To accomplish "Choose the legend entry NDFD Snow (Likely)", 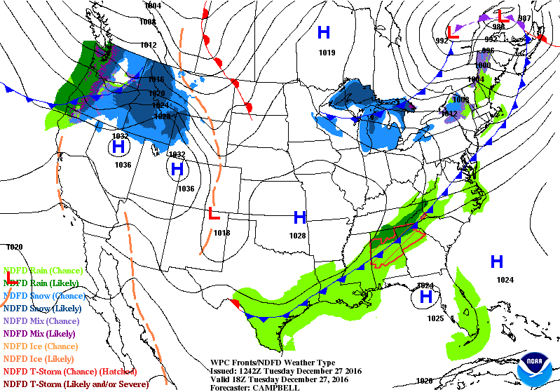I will coord(43,308).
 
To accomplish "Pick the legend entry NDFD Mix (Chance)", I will coord(42,320).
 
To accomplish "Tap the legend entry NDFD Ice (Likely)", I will coord(39,358).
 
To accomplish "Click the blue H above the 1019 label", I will coord(324,32).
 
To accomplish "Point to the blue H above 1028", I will coord(300,217).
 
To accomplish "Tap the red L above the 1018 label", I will coord(214,213).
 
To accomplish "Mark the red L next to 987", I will coord(502,15).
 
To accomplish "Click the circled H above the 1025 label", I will coord(425,297).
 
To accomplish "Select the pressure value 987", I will coord(525,18).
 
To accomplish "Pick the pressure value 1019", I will coord(327,52).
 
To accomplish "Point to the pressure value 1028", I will coord(299,236).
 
